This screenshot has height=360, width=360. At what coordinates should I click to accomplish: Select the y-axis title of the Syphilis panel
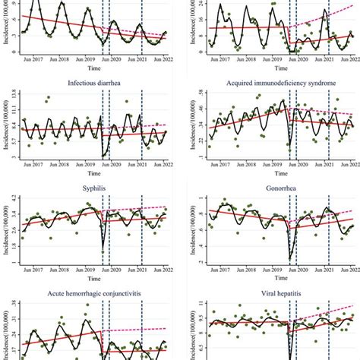(5, 231)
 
